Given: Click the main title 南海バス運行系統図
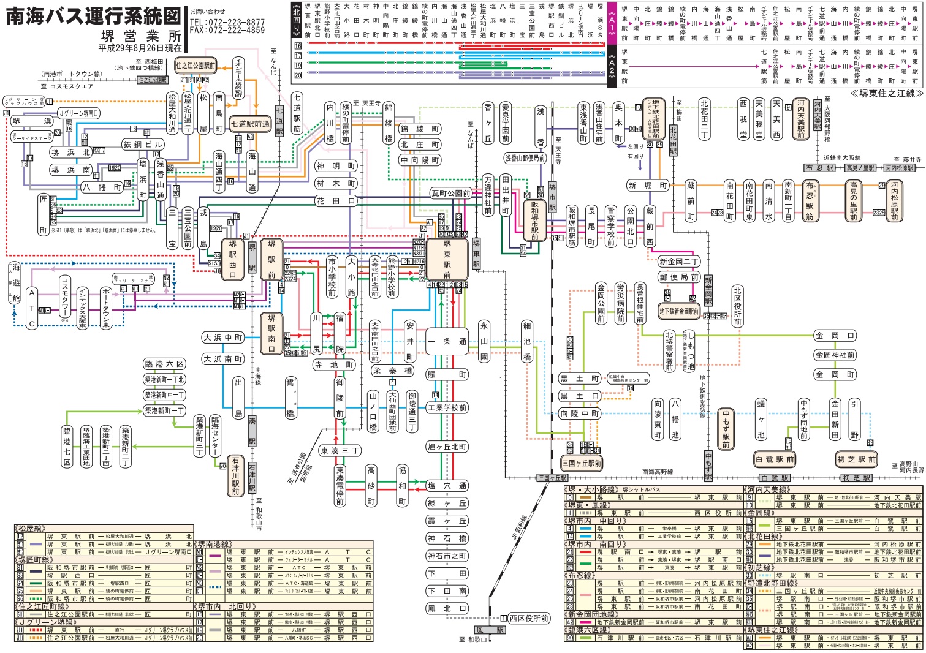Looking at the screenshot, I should [x=94, y=16].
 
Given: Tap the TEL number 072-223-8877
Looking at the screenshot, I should [x=227, y=22].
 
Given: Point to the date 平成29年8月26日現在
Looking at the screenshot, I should [x=140, y=48].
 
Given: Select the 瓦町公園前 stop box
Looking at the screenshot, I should [x=451, y=194].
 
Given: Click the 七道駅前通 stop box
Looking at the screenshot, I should [x=250, y=124].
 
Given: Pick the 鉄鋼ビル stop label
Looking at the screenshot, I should [x=143, y=144].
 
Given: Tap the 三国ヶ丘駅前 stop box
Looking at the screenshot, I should [x=582, y=464].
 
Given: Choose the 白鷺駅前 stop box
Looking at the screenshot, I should [x=775, y=459].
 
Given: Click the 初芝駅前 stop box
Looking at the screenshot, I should [x=857, y=459].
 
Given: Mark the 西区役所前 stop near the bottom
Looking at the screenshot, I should [x=528, y=619].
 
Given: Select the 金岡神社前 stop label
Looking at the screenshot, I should [x=835, y=355].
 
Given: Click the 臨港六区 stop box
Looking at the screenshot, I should [x=164, y=364].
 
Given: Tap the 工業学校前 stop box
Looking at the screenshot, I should [x=447, y=408].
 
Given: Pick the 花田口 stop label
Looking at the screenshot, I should [x=336, y=201].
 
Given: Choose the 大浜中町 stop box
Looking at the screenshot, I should [x=223, y=338].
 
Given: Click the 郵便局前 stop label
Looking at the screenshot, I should [x=678, y=277].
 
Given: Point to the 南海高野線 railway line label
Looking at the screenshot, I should [x=657, y=472].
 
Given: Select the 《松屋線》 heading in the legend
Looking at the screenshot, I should [x=31, y=528].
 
